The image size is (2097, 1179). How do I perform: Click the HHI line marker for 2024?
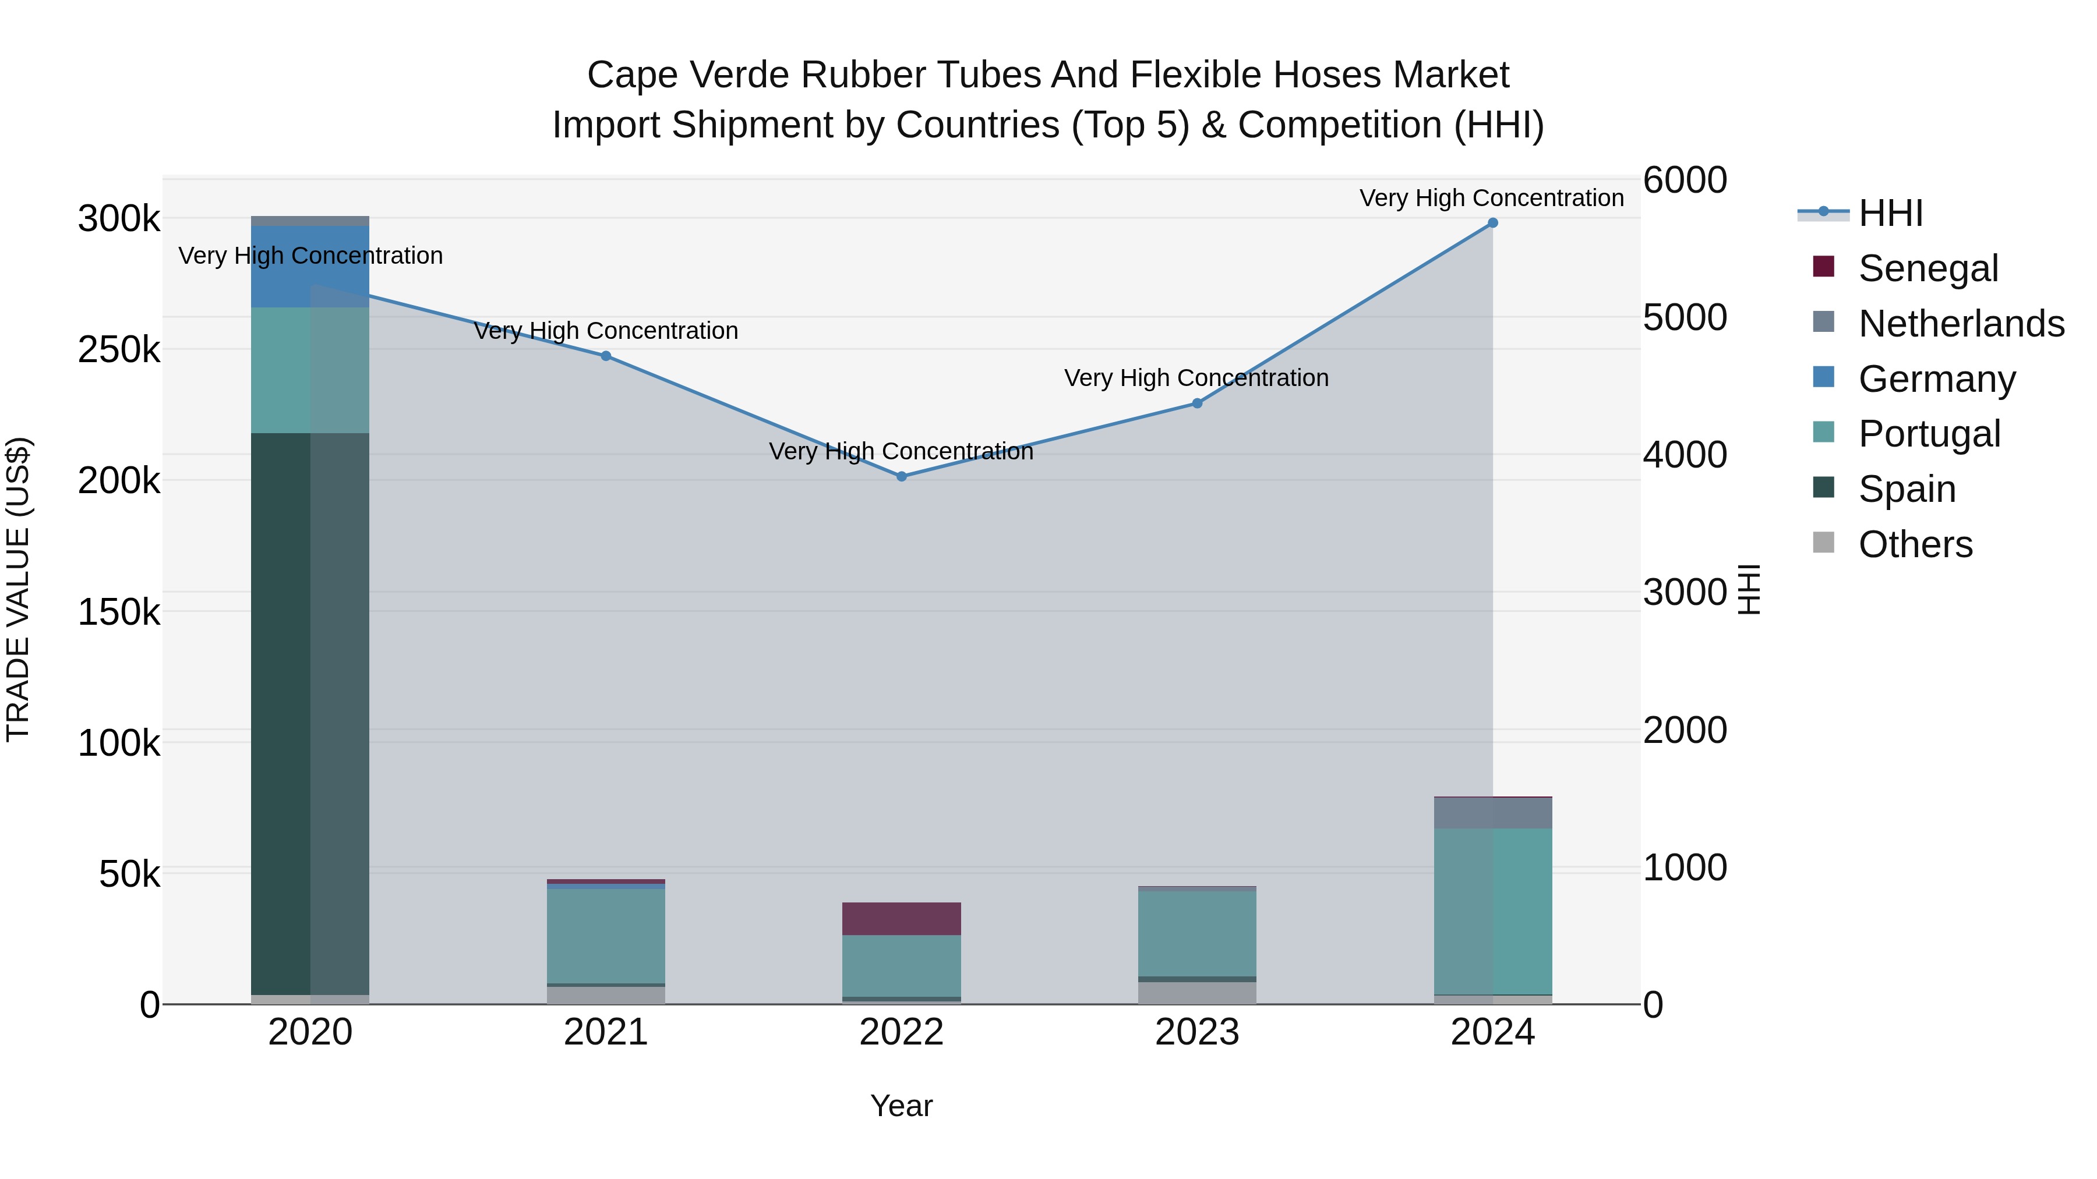coord(1492,223)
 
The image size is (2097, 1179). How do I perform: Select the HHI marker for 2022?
coord(901,477)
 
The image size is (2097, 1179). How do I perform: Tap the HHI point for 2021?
coord(606,356)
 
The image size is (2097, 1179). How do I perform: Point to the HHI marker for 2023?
coord(1196,403)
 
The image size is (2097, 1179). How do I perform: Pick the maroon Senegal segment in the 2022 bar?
coord(901,919)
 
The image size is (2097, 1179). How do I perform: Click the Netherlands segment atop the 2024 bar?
coord(1492,813)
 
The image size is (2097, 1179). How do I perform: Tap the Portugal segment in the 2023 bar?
coord(1196,934)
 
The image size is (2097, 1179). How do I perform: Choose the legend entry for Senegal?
coord(1927,268)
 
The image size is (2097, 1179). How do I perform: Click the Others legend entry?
coord(1915,544)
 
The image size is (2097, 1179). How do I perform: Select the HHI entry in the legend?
coord(1890,213)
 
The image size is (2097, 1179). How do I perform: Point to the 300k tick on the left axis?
coord(119,219)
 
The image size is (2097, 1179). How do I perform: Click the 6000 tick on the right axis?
coord(1684,180)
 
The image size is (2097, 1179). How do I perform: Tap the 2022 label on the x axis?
coord(901,1032)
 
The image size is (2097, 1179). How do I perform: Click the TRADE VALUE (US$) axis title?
coord(18,589)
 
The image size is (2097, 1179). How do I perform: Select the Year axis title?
coord(901,1106)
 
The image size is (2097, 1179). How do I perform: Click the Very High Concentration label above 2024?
coord(1491,198)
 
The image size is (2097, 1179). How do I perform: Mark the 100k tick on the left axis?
coord(119,743)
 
